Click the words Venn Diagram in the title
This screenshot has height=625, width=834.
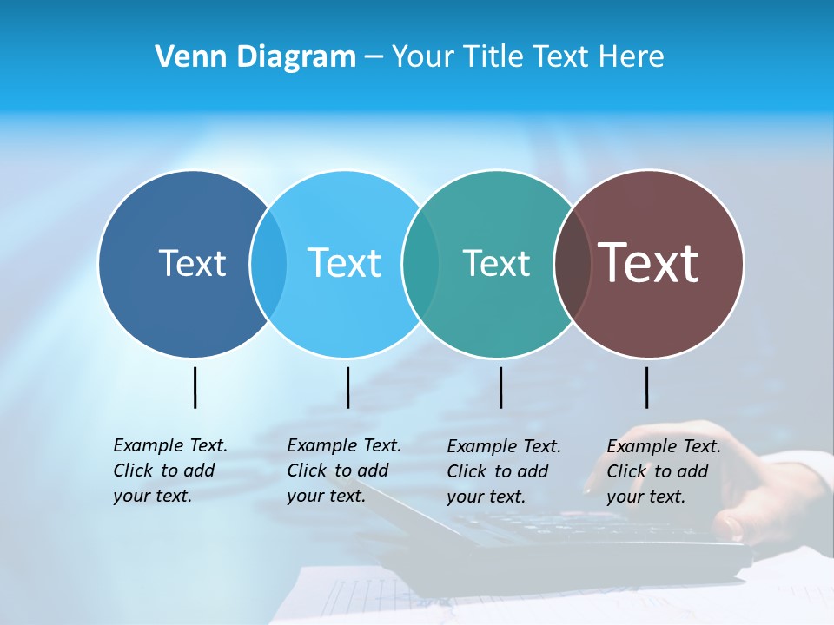pyautogui.click(x=255, y=56)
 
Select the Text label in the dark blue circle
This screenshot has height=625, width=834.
pyautogui.click(x=192, y=263)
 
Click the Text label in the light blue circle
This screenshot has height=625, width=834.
pyautogui.click(x=344, y=263)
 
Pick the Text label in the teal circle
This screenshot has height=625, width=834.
pyautogui.click(x=496, y=263)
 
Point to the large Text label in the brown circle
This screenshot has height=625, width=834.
pyautogui.click(x=649, y=262)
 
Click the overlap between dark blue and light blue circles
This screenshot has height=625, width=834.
pyautogui.click(x=268, y=264)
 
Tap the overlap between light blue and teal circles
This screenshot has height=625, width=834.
pyautogui.click(x=420, y=264)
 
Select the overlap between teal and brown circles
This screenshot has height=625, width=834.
pyautogui.click(x=572, y=264)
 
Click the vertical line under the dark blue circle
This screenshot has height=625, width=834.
pyautogui.click(x=195, y=387)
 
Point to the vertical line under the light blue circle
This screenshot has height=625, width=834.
pyautogui.click(x=347, y=387)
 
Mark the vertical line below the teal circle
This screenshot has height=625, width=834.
pyautogui.click(x=500, y=387)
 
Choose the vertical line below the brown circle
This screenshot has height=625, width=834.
pyautogui.click(x=646, y=387)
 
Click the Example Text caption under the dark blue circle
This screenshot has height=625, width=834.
pyautogui.click(x=169, y=470)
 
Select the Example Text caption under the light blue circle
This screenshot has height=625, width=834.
pyautogui.click(x=343, y=470)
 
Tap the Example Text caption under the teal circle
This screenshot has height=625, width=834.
pyautogui.click(x=503, y=471)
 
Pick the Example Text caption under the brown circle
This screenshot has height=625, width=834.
pyautogui.click(x=663, y=471)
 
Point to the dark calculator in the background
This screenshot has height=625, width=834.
pyautogui.click(x=556, y=538)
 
